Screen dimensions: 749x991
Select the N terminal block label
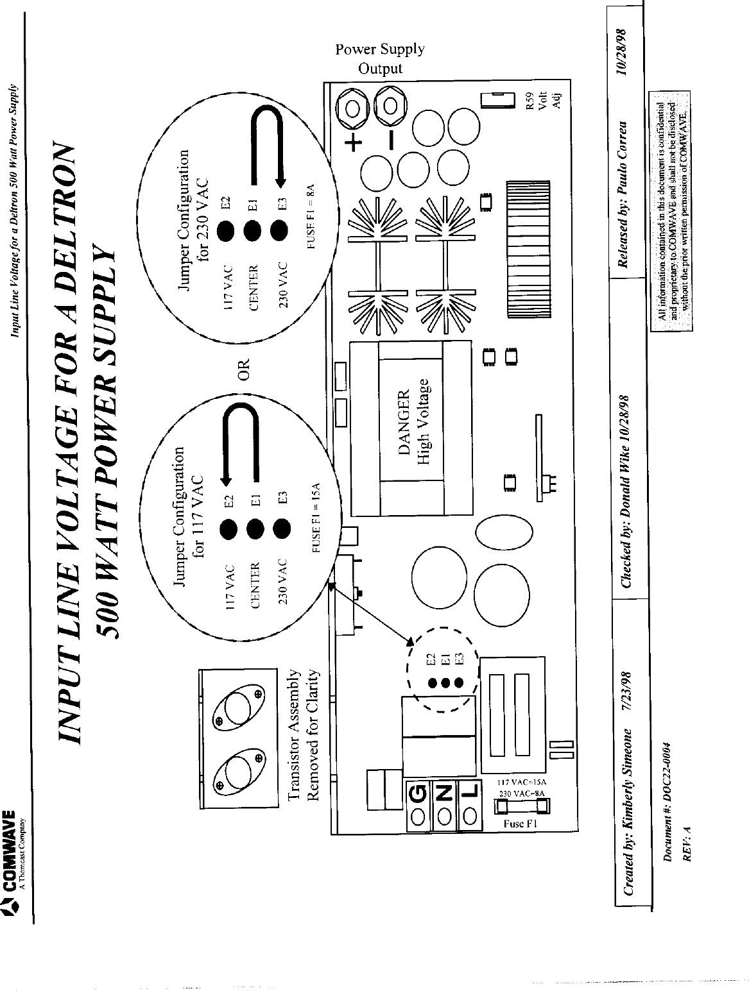[444, 795]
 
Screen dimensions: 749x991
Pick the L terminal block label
[470, 795]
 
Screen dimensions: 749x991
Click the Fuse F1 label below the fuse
[517, 824]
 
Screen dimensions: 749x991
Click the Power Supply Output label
[380, 58]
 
